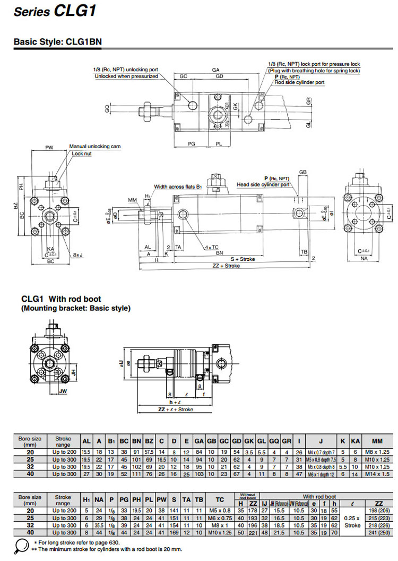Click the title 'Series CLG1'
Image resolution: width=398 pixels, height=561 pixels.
(55, 12)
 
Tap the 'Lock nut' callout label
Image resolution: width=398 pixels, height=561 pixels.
(82, 153)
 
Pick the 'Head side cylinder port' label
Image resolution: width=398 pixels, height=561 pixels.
(263, 185)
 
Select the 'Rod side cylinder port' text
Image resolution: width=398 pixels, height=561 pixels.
(300, 82)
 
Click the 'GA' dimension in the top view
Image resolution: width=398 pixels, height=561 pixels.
(216, 70)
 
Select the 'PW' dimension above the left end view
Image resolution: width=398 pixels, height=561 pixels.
(49, 148)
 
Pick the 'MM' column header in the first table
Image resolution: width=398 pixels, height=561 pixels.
(377, 441)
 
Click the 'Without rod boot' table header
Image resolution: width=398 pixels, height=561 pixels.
(247, 495)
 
